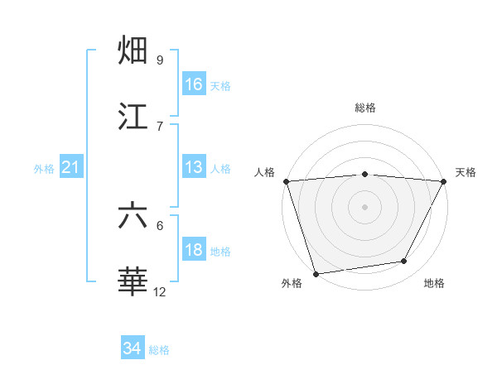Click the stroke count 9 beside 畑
pyautogui.click(x=160, y=60)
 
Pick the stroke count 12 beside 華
pyautogui.click(x=160, y=291)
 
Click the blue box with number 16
pyautogui.click(x=194, y=84)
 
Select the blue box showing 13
pyautogui.click(x=194, y=167)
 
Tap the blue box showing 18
pyautogui.click(x=194, y=251)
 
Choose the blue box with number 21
pyautogui.click(x=71, y=168)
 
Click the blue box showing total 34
pyautogui.click(x=133, y=349)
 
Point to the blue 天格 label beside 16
pyautogui.click(x=220, y=85)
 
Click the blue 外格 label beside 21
pyautogui.click(x=44, y=169)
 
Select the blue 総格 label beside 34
pyautogui.click(x=159, y=350)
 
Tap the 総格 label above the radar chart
pyautogui.click(x=364, y=108)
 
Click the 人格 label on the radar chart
pyautogui.click(x=265, y=172)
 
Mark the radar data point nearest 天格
pyautogui.click(x=444, y=181)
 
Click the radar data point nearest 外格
pyautogui.click(x=316, y=273)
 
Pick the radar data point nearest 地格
pyautogui.click(x=404, y=262)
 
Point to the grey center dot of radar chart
pyautogui.click(x=364, y=206)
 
